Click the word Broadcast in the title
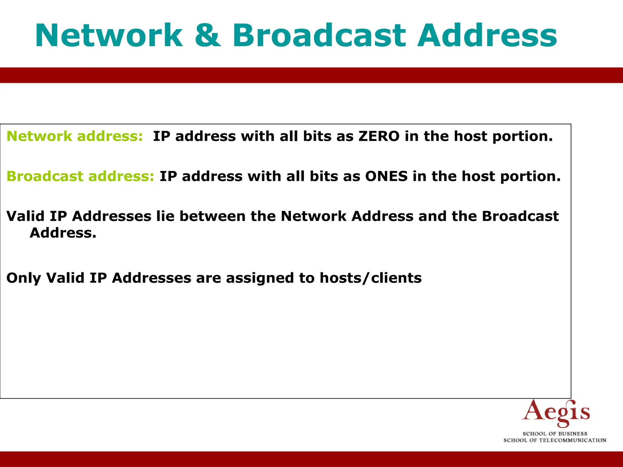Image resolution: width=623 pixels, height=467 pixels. (319, 36)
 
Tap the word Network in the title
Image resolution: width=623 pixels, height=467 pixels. (109, 36)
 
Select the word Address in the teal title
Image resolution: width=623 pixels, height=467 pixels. (487, 36)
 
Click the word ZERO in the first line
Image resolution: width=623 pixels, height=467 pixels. (379, 136)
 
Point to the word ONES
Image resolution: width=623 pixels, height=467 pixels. (386, 176)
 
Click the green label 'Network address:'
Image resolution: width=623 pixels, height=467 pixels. (75, 136)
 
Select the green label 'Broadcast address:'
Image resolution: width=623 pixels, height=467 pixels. (80, 176)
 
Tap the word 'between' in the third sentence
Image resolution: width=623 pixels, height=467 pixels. (212, 216)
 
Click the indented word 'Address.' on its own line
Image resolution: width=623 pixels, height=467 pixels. (63, 233)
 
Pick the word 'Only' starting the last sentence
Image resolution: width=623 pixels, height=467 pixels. (23, 278)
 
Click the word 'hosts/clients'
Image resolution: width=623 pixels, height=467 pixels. (371, 278)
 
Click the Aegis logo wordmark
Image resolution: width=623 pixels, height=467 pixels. (556, 413)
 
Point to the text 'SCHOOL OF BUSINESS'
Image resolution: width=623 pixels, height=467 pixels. (555, 434)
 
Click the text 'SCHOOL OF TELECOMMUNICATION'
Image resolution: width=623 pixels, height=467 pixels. (555, 440)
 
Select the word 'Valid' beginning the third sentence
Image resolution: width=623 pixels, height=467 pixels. (25, 216)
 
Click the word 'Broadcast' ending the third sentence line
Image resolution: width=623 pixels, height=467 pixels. (520, 216)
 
